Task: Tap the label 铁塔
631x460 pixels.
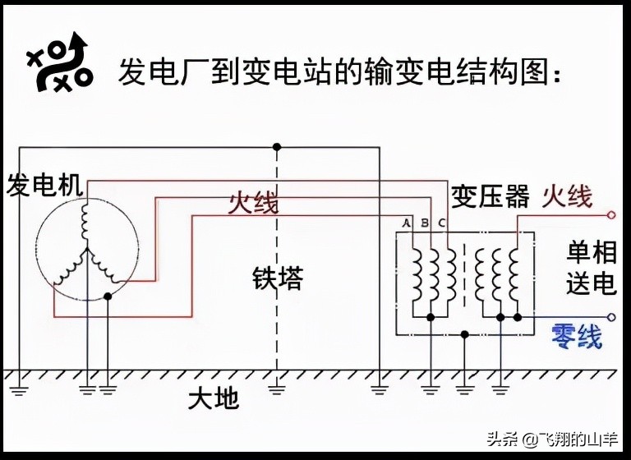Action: tap(278, 279)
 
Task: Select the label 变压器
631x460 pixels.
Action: tap(491, 197)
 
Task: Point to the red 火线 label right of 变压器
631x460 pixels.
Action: tap(567, 196)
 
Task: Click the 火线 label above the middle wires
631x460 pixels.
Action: tap(252, 202)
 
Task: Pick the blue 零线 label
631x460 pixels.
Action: tap(577, 336)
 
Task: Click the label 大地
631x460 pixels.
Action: tap(213, 399)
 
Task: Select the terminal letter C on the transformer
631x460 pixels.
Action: tap(441, 223)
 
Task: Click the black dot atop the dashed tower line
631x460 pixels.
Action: tap(277, 147)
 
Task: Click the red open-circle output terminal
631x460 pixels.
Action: tap(610, 216)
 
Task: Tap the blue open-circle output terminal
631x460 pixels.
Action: tap(610, 317)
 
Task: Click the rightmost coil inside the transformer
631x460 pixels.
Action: tap(515, 275)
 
